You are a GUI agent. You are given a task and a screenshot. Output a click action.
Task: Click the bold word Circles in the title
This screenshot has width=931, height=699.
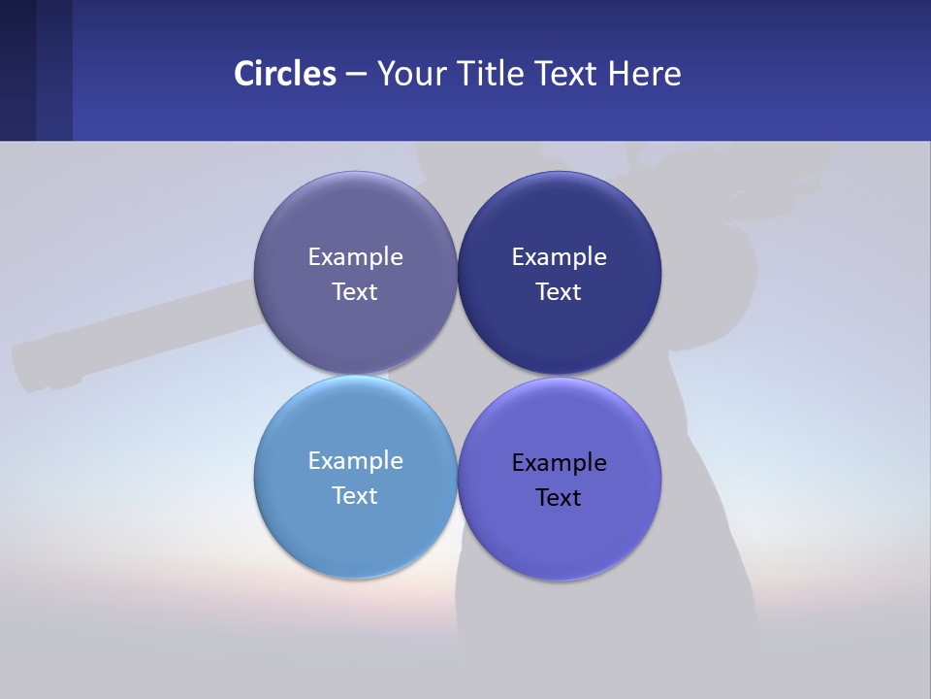coord(285,74)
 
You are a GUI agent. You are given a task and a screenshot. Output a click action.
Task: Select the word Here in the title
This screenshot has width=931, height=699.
coord(644,74)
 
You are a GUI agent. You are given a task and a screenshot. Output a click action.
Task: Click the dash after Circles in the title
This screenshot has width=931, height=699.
coord(356,75)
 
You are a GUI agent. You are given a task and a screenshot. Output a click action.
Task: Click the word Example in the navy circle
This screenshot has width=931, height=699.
coord(559,257)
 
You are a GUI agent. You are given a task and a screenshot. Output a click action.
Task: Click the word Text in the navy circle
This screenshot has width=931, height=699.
coord(559,292)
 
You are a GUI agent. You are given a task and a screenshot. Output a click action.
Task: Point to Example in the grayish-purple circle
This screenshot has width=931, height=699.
coord(355,257)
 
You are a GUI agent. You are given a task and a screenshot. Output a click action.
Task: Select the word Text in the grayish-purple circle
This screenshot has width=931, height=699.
coord(355,292)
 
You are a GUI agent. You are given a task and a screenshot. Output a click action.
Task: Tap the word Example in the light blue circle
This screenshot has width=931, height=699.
coord(355,461)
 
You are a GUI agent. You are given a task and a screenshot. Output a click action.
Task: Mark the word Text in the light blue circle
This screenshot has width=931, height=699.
coord(355,496)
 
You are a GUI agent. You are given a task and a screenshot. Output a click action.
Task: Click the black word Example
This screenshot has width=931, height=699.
coord(559,463)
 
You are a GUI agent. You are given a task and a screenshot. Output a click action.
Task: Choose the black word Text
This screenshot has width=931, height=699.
coord(559,498)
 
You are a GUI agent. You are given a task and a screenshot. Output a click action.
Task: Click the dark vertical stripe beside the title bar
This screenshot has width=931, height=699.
coord(54,70)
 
